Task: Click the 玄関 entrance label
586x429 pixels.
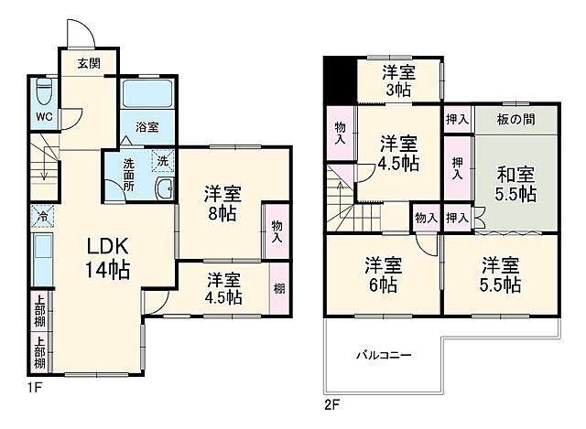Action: pos(89,63)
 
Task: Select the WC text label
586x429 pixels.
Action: pos(44,117)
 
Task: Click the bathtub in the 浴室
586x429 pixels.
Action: pos(146,94)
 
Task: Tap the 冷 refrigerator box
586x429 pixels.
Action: pos(43,216)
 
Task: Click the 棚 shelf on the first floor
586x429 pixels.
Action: pos(278,289)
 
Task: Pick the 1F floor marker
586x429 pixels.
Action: pos(35,388)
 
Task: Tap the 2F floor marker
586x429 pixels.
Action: pos(331,402)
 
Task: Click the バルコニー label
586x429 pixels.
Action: pos(382,355)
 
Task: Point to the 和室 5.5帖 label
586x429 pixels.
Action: pos(516,181)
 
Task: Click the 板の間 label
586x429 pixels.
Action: pos(515,120)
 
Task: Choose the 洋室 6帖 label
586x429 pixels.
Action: pos(384,274)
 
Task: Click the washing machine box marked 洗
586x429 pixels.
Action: pos(161,157)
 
